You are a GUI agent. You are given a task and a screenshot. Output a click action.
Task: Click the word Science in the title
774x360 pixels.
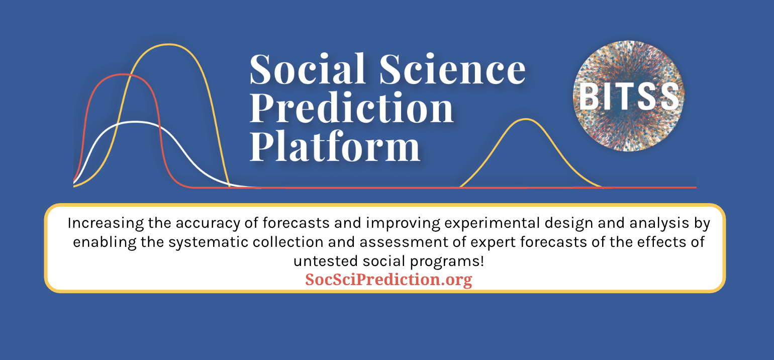tap(453, 69)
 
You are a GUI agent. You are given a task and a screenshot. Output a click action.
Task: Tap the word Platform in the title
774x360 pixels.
tap(335, 147)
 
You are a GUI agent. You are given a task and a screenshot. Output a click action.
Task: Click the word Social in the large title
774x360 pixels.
tap(308, 69)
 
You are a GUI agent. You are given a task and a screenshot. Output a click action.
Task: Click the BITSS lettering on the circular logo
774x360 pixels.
tap(629, 97)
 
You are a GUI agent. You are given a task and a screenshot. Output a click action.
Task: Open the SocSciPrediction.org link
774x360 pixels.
tap(389, 280)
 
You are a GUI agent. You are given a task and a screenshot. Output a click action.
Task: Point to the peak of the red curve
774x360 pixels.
tap(123, 74)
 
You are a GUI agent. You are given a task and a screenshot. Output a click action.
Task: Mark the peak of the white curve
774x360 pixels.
tap(134, 122)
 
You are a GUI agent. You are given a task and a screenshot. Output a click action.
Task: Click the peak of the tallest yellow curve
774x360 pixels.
tap(168, 44)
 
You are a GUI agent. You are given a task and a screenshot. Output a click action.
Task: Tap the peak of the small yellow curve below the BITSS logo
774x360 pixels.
tap(526, 119)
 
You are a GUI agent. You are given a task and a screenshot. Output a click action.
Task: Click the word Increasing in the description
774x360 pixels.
tap(106, 223)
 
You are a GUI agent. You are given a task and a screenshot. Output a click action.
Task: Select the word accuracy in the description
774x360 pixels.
tap(208, 224)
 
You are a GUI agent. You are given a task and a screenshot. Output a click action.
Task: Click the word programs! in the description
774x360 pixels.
tap(447, 261)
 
